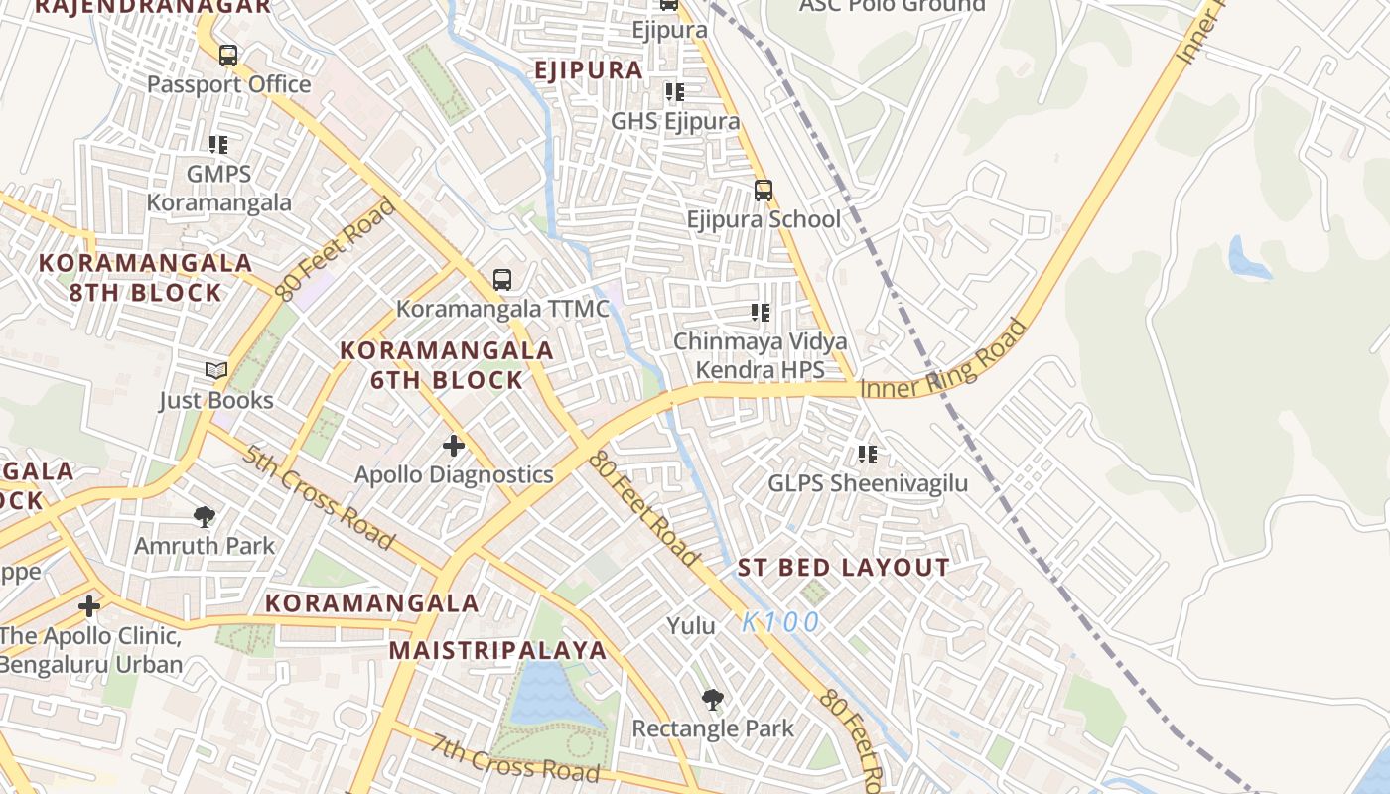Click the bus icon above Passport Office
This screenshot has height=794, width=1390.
(x=228, y=56)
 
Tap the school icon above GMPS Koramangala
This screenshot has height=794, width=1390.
(x=218, y=145)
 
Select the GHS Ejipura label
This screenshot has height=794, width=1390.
(x=675, y=121)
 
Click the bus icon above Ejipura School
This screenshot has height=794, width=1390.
(x=763, y=191)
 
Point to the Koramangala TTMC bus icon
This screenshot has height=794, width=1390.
(x=502, y=280)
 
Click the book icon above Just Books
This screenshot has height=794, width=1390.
(x=216, y=371)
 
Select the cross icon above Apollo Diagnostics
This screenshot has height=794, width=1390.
(x=454, y=446)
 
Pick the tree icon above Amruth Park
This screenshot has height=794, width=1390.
(x=205, y=517)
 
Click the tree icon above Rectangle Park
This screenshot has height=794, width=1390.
(x=712, y=700)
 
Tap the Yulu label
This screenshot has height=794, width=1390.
(x=691, y=626)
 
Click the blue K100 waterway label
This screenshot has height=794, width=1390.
(x=780, y=622)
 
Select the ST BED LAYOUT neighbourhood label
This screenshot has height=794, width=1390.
(x=843, y=568)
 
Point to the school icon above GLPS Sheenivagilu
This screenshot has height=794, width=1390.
(x=868, y=455)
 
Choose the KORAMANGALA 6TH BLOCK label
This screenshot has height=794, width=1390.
(x=447, y=365)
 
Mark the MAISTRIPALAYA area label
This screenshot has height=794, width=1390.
(x=496, y=650)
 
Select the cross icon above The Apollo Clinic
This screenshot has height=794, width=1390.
(x=89, y=605)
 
